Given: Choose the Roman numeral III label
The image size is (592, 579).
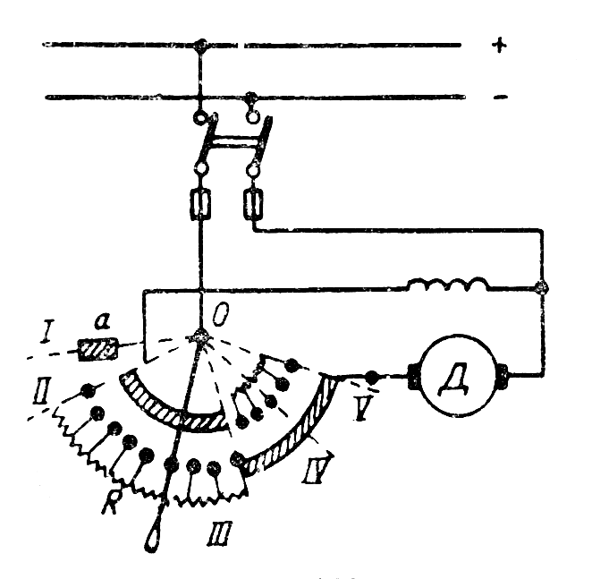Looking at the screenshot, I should tap(215, 531).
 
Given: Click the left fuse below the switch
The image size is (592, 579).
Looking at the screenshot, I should tap(201, 208).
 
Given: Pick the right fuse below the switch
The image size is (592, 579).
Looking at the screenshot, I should tap(254, 208).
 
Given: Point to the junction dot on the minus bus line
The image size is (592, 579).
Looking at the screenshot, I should tap(252, 94).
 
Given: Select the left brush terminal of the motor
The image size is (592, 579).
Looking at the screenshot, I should tap(414, 373).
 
